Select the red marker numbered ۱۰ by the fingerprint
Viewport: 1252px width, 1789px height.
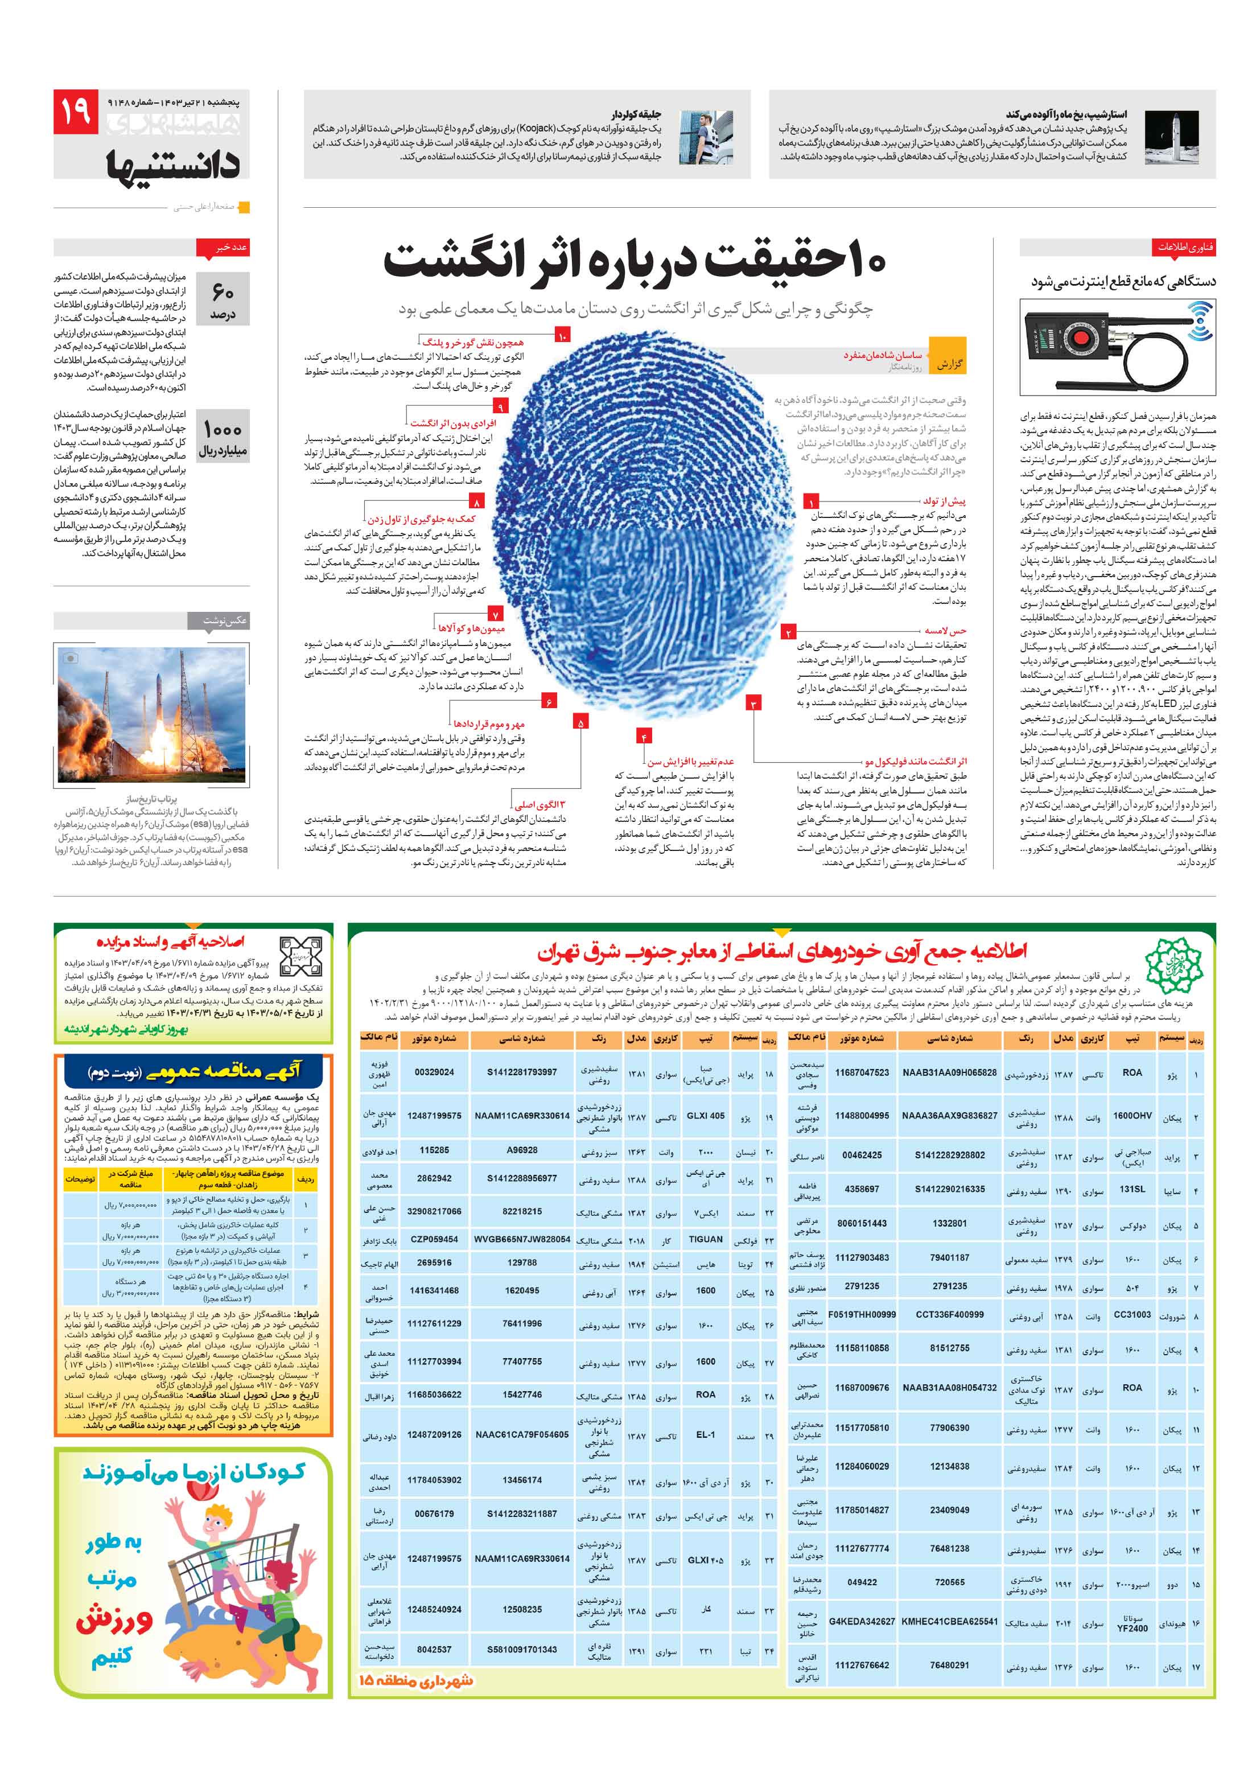click(562, 335)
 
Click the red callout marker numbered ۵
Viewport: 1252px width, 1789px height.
click(580, 722)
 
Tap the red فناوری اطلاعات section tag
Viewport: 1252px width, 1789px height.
click(1184, 248)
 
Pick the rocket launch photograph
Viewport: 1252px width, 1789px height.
click(151, 712)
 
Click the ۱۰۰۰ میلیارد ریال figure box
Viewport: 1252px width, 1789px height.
click(223, 437)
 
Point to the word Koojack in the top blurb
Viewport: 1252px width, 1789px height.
click(534, 129)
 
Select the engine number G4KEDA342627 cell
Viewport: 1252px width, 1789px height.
click(861, 1622)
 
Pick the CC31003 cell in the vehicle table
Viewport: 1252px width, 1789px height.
click(1131, 1314)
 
